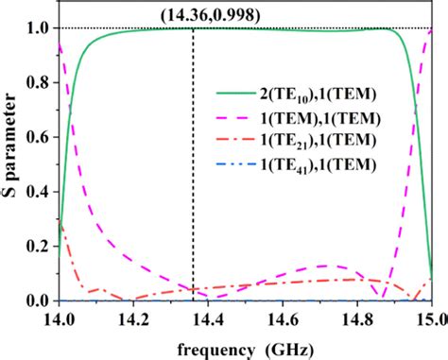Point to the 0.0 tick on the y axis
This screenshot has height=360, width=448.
click(x=39, y=301)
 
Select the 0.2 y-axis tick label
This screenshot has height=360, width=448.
click(x=39, y=247)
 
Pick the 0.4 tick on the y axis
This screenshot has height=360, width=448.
click(x=39, y=192)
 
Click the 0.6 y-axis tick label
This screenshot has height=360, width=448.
click(x=39, y=137)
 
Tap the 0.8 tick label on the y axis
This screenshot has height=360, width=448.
click(x=39, y=82)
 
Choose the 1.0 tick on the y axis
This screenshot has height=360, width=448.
click(x=39, y=28)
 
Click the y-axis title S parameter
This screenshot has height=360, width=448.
click(x=12, y=164)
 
